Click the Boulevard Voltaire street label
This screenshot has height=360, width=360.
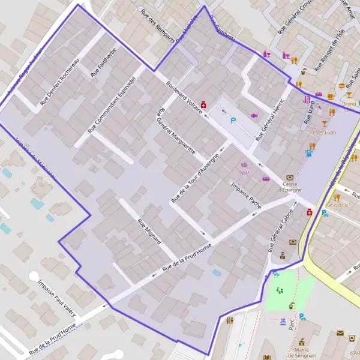184,95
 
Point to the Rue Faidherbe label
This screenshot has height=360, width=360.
103,62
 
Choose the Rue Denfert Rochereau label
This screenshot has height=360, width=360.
59,83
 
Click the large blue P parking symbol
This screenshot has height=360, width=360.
233,121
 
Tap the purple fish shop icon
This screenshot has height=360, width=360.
254,115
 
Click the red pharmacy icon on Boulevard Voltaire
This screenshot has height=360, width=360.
203,104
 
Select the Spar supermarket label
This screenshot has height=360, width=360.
244,172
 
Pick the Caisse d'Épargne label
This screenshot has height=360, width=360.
289,187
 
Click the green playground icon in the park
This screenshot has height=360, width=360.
279,290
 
